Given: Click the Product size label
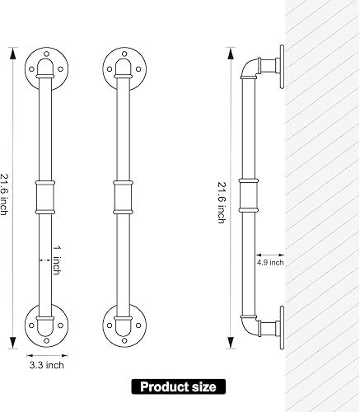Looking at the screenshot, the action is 178,386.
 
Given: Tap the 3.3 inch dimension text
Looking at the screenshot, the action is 47,365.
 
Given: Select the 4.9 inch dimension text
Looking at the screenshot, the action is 270,263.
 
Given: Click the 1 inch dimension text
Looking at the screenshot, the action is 57,260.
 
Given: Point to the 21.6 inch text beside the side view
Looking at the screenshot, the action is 222,203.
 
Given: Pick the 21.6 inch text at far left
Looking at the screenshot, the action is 4,194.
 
